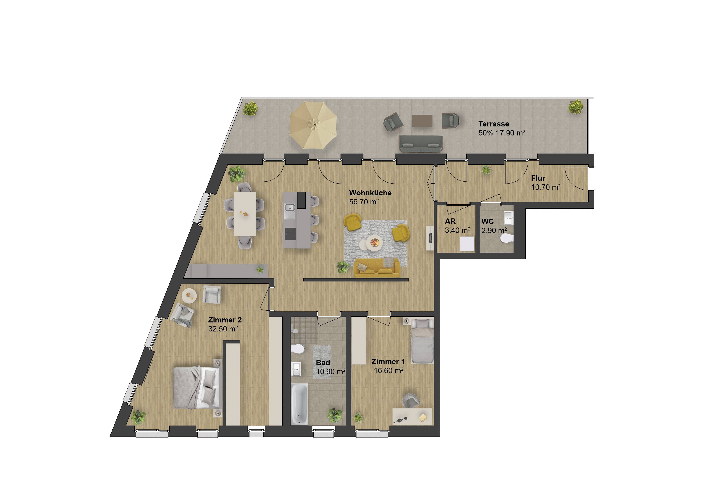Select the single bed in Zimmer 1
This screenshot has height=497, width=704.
click(422, 341)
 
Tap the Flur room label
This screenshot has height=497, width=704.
click(538, 178)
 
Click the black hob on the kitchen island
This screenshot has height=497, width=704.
click(290, 234)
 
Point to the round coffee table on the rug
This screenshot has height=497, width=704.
click(374, 243)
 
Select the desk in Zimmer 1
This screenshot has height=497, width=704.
click(412, 416)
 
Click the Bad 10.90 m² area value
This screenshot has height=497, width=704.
click(331, 372)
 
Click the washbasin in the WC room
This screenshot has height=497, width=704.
click(508, 218)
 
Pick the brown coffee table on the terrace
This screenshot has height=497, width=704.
click(422, 121)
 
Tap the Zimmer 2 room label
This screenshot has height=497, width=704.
click(225, 320)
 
